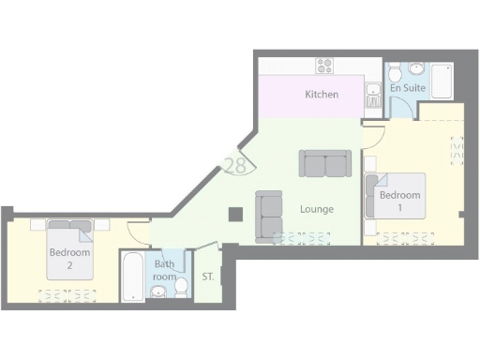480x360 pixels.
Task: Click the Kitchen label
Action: click(322, 95)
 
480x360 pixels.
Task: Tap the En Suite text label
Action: click(408, 88)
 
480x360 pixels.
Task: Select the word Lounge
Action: click(316, 208)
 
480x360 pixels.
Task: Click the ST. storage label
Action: click(208, 277)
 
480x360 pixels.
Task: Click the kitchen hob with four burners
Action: click(325, 65)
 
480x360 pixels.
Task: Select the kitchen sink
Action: click(372, 93)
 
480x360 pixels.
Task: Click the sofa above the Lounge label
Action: click(325, 164)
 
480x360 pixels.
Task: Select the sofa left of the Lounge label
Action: click(269, 214)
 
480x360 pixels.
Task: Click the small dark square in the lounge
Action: click(235, 214)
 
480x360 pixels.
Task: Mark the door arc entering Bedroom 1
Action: click(373, 136)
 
